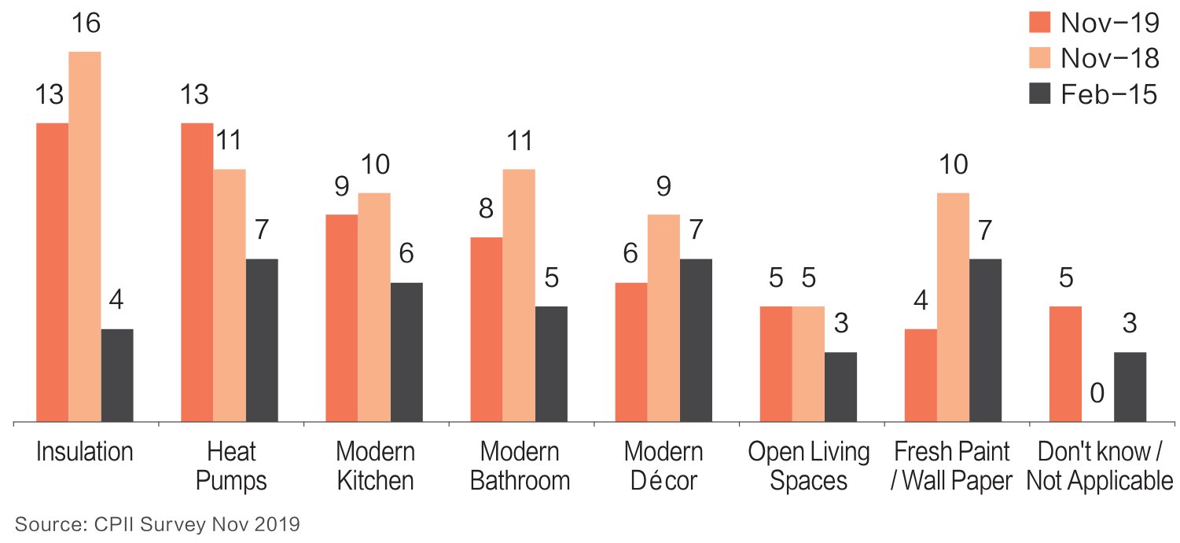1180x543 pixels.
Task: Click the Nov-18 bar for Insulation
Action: [85, 237]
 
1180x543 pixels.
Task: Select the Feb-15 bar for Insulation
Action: [117, 376]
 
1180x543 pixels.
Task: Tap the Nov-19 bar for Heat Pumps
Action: [197, 273]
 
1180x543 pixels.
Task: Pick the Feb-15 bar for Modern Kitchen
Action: [406, 352]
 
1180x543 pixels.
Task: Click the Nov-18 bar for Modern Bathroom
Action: [519, 295]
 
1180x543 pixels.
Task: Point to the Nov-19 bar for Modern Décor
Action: [631, 352]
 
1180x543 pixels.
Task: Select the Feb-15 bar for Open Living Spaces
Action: [840, 387]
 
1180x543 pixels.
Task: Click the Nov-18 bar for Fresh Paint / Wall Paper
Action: [953, 307]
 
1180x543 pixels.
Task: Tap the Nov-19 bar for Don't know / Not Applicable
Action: [1065, 364]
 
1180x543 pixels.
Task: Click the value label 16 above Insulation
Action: [86, 23]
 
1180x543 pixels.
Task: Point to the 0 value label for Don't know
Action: [1097, 394]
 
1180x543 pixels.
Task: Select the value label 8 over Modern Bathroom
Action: [486, 208]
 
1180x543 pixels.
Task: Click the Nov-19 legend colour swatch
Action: [1039, 22]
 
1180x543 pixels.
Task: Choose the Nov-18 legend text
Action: [1110, 58]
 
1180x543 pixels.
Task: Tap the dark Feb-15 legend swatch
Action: [1039, 94]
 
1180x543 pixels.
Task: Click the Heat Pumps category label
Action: [230, 466]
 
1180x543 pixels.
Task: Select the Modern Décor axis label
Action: [664, 466]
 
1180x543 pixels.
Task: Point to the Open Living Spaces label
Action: [809, 466]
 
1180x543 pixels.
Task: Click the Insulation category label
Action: [85, 452]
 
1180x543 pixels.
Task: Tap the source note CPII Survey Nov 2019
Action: [157, 525]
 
